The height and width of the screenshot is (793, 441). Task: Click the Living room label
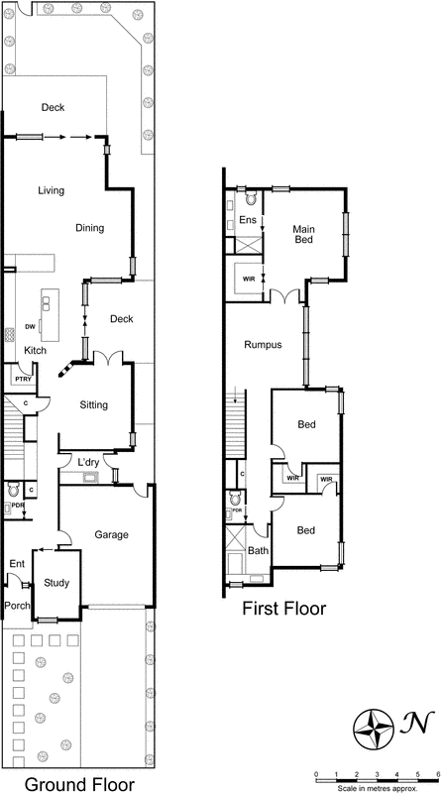pos(52,190)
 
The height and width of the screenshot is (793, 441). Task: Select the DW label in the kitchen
pos(30,326)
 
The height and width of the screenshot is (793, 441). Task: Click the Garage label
pos(111,534)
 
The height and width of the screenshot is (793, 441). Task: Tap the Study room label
pos(56,583)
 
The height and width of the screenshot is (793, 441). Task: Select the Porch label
pos(17,604)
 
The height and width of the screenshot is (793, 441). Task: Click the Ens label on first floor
pos(248,220)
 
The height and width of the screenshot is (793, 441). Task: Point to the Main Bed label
pos(303,235)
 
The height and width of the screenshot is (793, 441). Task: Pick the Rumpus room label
pos(263,345)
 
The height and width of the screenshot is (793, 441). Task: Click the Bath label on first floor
pos(258,550)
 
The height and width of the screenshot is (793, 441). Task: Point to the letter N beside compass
pos(421,727)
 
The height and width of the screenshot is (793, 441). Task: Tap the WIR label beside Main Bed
pos(248,279)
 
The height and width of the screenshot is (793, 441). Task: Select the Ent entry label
pos(16,563)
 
